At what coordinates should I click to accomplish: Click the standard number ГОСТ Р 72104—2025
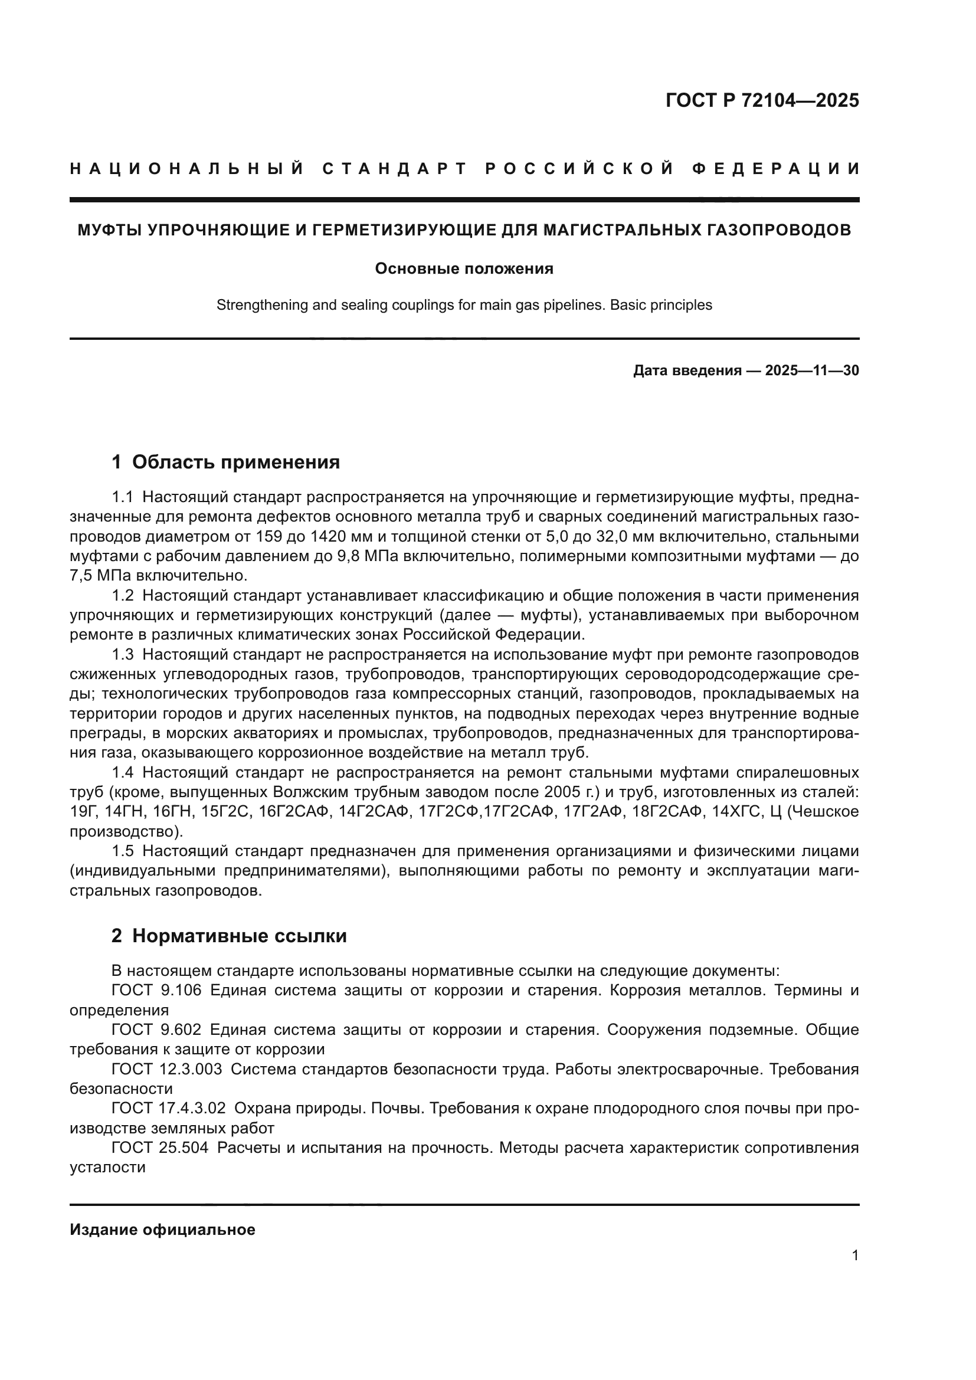click(x=761, y=100)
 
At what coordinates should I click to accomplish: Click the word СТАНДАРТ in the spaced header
click(x=395, y=169)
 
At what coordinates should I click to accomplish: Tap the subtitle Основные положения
click(x=464, y=268)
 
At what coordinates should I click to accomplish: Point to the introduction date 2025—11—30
click(x=811, y=371)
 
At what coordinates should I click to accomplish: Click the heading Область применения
click(x=235, y=462)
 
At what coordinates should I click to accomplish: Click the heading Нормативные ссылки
click(x=239, y=936)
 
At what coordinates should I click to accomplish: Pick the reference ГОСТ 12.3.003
click(x=166, y=1069)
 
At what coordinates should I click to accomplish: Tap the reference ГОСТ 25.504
click(x=160, y=1148)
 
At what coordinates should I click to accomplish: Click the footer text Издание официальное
click(x=162, y=1230)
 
